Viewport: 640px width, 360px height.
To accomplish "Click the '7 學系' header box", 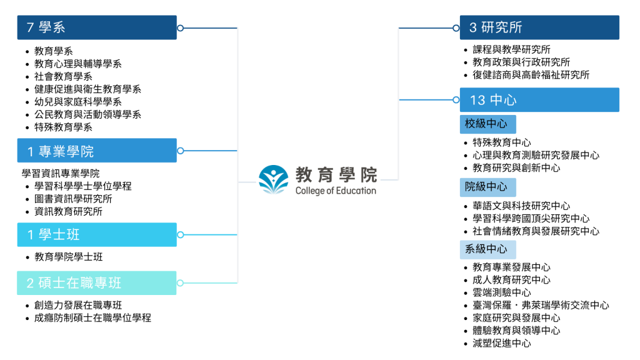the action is [x=97, y=27].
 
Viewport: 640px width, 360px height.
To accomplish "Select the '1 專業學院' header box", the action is [x=97, y=151].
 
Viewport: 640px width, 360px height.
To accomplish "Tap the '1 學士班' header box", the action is [x=97, y=235].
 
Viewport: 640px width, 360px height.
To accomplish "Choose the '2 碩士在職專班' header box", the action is [x=97, y=283].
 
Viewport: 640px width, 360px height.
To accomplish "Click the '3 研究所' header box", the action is [x=539, y=27].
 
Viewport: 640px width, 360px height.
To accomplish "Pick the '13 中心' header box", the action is [x=539, y=99].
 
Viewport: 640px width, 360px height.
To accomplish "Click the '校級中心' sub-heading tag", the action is [x=487, y=124].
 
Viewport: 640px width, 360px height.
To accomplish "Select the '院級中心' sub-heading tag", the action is [x=487, y=187].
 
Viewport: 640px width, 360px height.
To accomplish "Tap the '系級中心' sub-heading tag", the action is [x=487, y=249].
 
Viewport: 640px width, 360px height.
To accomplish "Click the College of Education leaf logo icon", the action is [x=274, y=179].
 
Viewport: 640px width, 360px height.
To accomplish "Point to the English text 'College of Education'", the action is [x=336, y=191].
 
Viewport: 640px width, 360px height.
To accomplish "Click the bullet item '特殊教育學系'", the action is [x=63, y=127].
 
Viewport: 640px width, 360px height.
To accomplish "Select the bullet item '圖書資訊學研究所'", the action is [x=73, y=199].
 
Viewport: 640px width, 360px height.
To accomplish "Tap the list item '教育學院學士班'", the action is [x=69, y=257].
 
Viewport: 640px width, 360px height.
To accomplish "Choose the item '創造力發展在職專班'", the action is [x=78, y=305].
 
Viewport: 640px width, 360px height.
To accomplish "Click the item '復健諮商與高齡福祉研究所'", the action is [x=531, y=75].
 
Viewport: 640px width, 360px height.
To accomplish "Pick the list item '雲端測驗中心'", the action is [x=502, y=292].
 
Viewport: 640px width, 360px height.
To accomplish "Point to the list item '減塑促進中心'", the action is [x=502, y=343].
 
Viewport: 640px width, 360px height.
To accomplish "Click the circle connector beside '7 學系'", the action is [x=181, y=28].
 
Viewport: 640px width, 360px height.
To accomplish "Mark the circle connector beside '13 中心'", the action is [x=456, y=99].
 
